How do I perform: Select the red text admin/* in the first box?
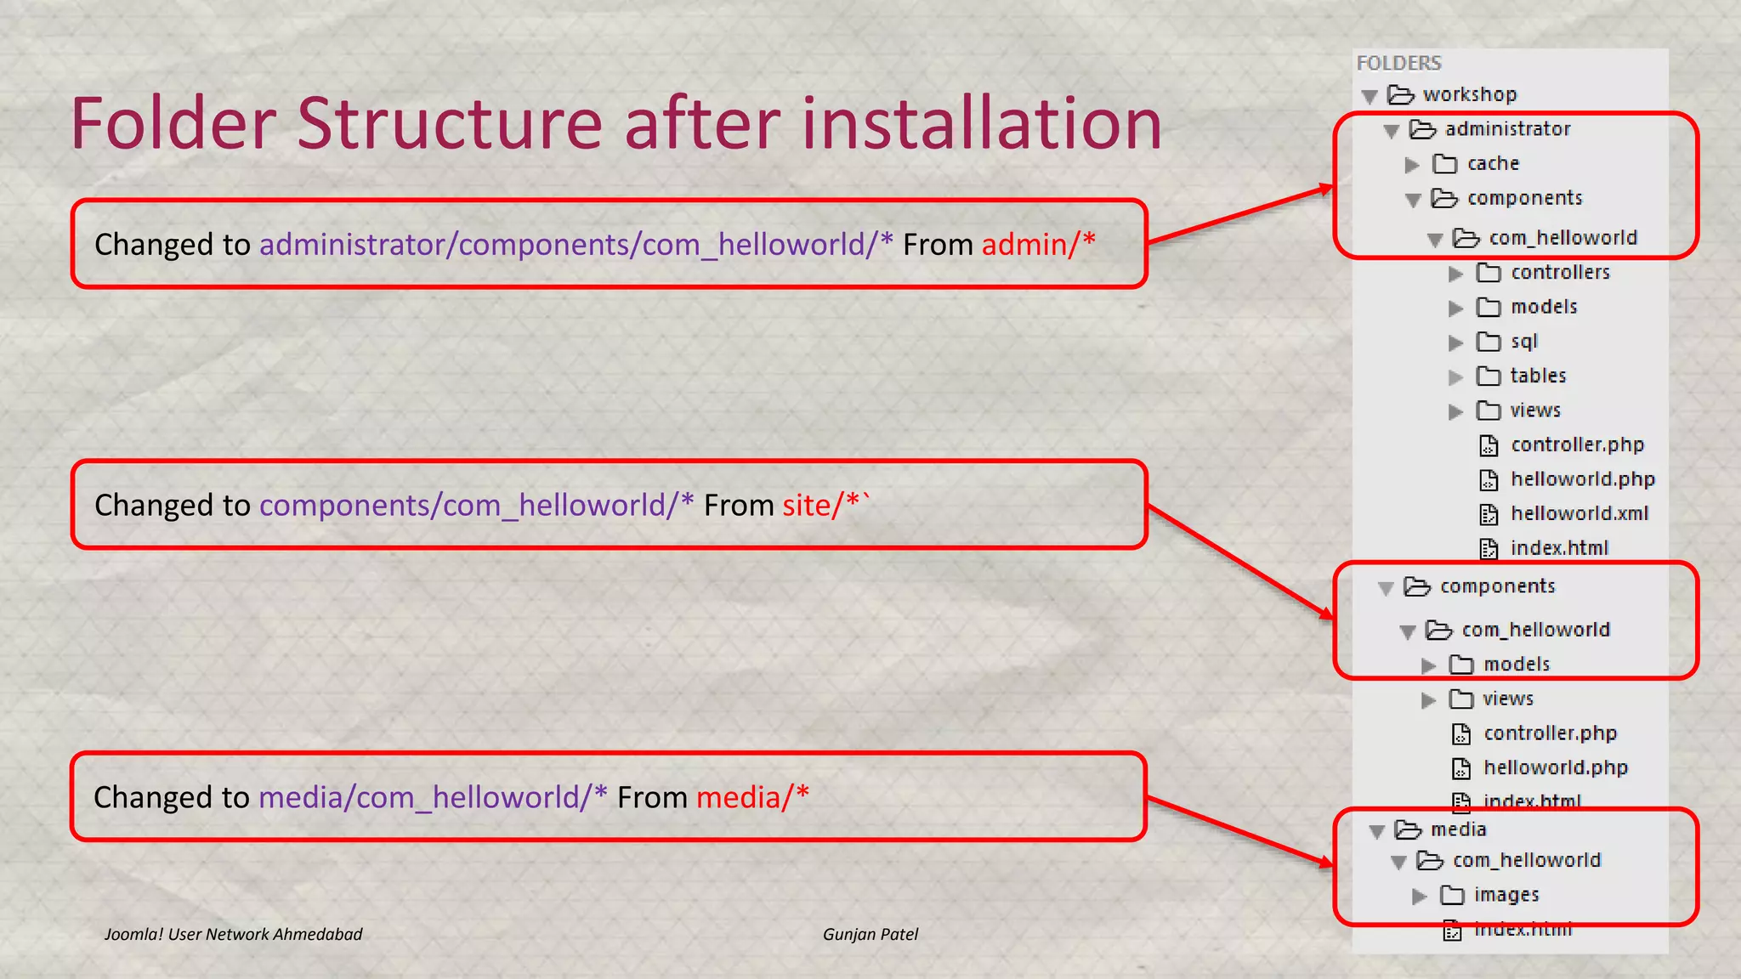pos(1038,245)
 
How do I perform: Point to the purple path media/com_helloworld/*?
pos(433,798)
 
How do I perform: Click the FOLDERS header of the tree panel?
pos(1398,63)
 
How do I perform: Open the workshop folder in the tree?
pos(1469,94)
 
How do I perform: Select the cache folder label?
pos(1493,163)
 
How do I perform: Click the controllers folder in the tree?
pos(1560,273)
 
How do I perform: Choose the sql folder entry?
pos(1523,342)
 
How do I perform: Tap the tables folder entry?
pos(1538,376)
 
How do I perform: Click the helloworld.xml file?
pos(1579,513)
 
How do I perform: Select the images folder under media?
pos(1506,895)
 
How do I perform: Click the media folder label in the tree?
pos(1458,829)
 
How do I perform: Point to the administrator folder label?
pos(1507,129)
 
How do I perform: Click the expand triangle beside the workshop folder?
pos(1370,96)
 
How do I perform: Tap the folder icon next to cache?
pos(1444,163)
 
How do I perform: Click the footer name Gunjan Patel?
pos(870,935)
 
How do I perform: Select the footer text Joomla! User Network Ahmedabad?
pos(233,935)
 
